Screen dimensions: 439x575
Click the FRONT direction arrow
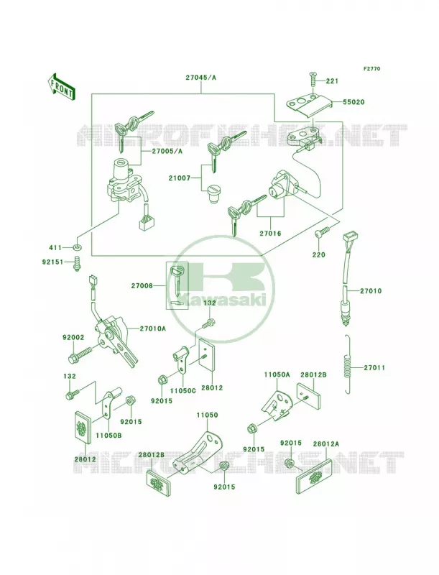pos(61,86)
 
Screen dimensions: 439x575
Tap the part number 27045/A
pos(200,78)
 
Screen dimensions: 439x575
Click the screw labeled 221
pos(313,78)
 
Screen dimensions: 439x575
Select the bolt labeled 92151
pos(78,264)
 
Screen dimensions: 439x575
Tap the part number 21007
pos(180,178)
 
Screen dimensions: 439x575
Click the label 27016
pos(270,233)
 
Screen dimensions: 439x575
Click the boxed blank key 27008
pos(177,285)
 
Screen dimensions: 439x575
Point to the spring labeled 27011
pos(348,364)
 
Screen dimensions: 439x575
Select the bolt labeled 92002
pos(80,354)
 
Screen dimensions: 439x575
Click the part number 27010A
pos(153,328)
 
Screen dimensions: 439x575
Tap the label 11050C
pos(183,390)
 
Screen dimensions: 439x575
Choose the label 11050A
pos(277,374)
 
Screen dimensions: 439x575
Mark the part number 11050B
pos(109,436)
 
